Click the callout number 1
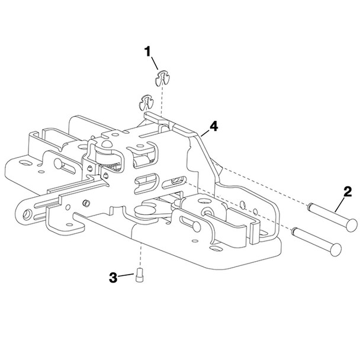(x=149, y=52)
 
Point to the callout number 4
(x=214, y=126)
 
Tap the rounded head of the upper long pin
(x=352, y=223)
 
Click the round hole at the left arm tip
(x=27, y=211)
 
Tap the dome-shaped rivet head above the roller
(x=107, y=142)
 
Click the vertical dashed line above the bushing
(x=140, y=255)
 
